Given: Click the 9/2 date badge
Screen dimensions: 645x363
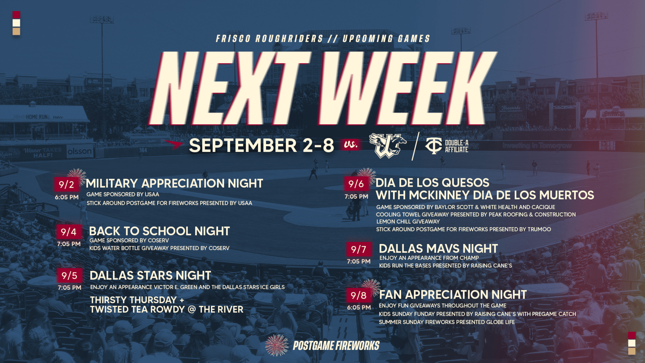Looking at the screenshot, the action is [x=67, y=184].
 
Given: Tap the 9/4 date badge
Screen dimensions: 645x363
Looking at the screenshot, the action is [x=69, y=232].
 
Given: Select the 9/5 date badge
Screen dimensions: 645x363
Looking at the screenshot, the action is [x=70, y=275].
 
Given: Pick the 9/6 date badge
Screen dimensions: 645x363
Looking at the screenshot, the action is [x=356, y=184].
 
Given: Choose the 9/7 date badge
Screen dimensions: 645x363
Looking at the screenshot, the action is [x=359, y=249].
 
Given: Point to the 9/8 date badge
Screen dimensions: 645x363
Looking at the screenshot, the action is [x=359, y=295].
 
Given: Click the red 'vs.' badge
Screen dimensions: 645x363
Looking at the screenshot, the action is [x=351, y=144].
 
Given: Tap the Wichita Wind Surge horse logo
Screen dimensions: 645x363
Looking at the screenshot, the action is [x=388, y=145].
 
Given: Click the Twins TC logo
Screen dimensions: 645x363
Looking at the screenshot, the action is [x=434, y=146].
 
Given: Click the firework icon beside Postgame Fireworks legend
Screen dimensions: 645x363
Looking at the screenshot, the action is [x=276, y=345].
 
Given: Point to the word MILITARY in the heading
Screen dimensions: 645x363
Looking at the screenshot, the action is [x=112, y=184].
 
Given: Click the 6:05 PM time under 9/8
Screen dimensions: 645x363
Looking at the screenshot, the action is [x=359, y=307].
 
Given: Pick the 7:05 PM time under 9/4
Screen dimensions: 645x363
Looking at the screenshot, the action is [x=69, y=244].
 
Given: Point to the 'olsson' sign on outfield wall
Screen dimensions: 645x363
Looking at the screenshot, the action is [x=79, y=151].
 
